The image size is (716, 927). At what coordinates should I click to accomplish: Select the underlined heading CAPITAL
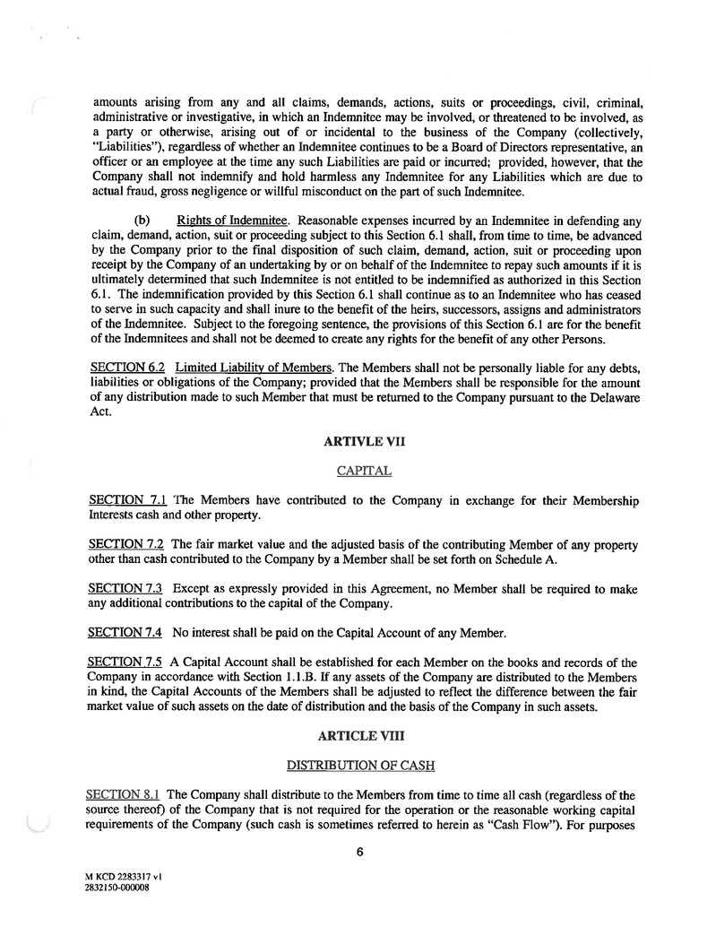tap(358, 471)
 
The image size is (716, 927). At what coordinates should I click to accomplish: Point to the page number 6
tap(358, 853)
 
